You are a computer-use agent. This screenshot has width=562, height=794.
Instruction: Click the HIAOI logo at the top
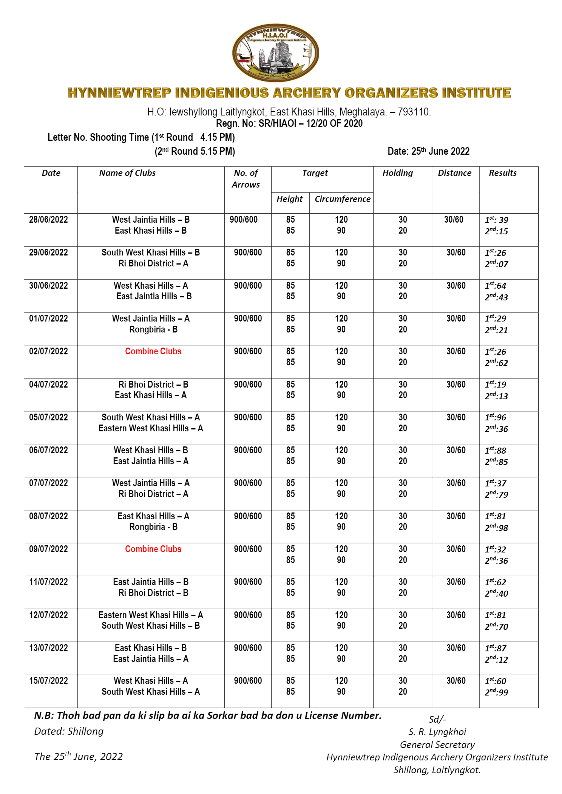pos(275,53)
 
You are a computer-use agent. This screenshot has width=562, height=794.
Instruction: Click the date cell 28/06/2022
pos(48,220)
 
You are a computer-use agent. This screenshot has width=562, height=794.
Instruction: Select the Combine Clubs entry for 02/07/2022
pos(153,351)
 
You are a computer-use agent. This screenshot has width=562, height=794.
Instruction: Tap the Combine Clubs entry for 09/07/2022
pos(153,549)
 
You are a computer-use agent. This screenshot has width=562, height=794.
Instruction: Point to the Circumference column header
pos(342,199)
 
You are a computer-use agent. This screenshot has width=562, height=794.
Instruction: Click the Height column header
pos(289,199)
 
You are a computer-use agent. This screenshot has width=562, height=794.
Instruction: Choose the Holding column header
pos(397,173)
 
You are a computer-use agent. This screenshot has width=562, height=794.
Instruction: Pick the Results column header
pos(502,173)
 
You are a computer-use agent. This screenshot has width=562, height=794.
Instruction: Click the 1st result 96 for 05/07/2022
pos(496,417)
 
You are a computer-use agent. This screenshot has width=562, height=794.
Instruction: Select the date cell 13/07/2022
pos(48,648)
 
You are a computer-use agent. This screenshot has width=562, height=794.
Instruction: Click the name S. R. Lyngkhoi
pos(437,732)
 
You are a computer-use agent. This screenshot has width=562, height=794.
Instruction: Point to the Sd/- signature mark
pos(437,719)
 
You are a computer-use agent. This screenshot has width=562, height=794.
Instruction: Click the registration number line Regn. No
pos(289,123)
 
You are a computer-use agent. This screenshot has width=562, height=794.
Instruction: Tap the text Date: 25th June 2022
pos(428,151)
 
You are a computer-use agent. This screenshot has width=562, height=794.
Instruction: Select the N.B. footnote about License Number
pos(208,716)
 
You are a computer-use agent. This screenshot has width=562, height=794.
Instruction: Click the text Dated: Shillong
pos(69,731)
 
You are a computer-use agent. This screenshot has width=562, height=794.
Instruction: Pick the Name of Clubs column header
pos(127,173)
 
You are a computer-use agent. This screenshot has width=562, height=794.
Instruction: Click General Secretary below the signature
pos(437,745)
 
